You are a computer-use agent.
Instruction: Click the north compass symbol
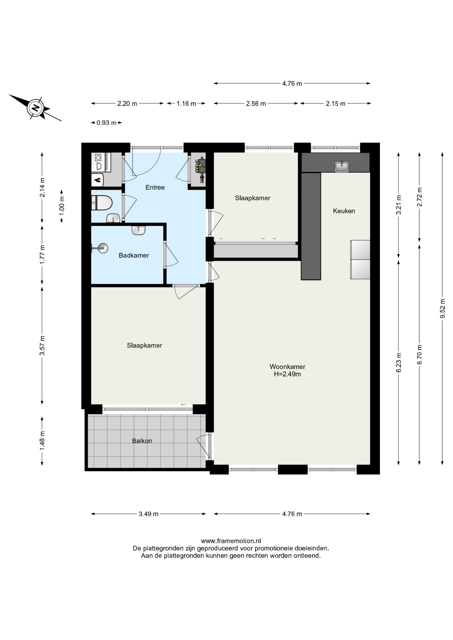35,108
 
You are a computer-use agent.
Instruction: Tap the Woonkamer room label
287,367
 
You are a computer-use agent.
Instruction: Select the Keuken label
344,211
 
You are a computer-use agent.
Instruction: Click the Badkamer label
134,255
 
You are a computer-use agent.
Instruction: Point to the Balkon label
142,441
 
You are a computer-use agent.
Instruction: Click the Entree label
155,187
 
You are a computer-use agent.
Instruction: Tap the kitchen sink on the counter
342,166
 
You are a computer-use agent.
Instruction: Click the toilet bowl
102,203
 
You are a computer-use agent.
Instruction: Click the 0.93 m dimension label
106,123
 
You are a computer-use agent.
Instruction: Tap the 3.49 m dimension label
148,514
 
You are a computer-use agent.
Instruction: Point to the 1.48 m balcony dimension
42,440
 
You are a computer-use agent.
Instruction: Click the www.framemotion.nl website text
231,541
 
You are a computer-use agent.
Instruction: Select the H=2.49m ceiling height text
287,374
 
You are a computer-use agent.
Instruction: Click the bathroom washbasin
138,230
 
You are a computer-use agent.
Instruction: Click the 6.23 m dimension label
399,362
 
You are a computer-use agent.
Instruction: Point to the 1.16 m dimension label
186,103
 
